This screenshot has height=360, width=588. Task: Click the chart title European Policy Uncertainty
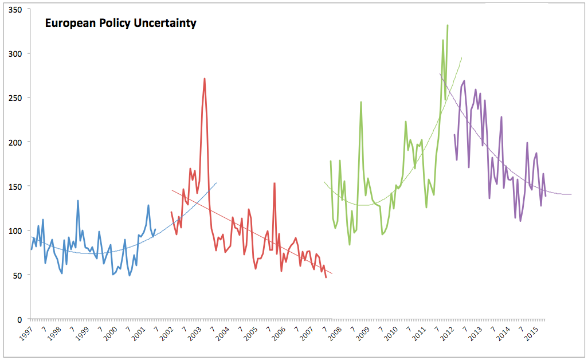(121, 24)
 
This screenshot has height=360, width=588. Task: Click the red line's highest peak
(205, 79)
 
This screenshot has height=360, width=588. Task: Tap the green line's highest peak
(448, 25)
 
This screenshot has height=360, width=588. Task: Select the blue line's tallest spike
(78, 201)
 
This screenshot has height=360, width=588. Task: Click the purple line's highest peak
(464, 81)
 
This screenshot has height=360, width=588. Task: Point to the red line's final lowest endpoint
(326, 277)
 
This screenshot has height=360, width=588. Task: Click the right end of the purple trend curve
(571, 194)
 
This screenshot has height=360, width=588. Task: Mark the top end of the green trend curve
(461, 57)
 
